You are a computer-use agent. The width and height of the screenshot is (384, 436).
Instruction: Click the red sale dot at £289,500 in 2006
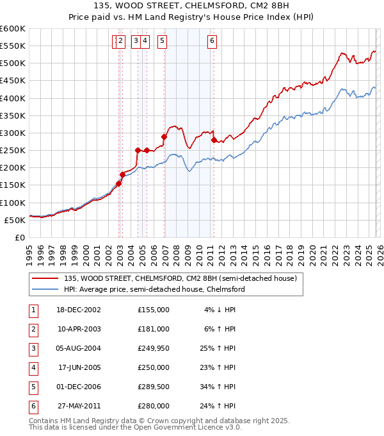pyautogui.click(x=164, y=137)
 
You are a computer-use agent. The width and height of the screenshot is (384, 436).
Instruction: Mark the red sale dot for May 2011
pyautogui.click(x=214, y=140)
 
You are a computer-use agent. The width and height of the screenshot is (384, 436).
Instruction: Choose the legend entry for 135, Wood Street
pyautogui.click(x=180, y=278)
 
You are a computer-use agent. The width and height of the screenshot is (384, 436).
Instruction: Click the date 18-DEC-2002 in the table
pyautogui.click(x=79, y=310)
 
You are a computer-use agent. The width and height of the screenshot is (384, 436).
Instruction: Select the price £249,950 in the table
pyautogui.click(x=154, y=348)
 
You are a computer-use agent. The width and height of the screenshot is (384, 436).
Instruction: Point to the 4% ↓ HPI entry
pyautogui.click(x=220, y=310)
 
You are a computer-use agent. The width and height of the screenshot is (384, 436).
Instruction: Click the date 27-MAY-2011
pyautogui.click(x=79, y=406)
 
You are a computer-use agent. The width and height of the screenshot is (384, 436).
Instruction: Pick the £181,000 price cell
pyautogui.click(x=154, y=329)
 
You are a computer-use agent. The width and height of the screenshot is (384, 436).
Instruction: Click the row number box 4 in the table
pyautogui.click(x=33, y=367)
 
